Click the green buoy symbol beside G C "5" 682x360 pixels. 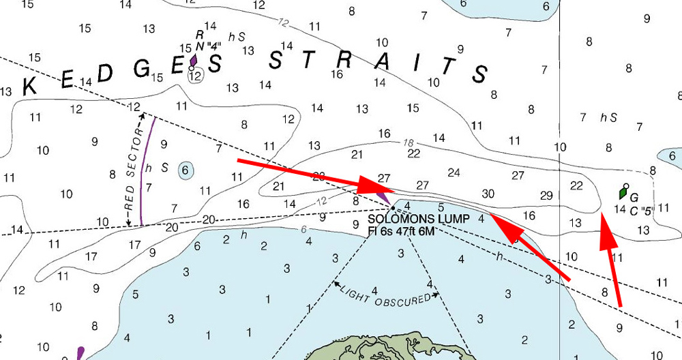(623, 193)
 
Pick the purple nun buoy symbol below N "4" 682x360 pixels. (194, 62)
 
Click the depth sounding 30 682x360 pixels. (488, 194)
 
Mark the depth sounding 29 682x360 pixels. (546, 196)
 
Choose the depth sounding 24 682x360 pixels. (454, 172)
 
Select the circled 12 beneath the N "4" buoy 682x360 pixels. (196, 76)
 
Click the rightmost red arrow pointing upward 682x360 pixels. (611, 259)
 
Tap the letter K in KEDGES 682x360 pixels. (30, 86)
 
